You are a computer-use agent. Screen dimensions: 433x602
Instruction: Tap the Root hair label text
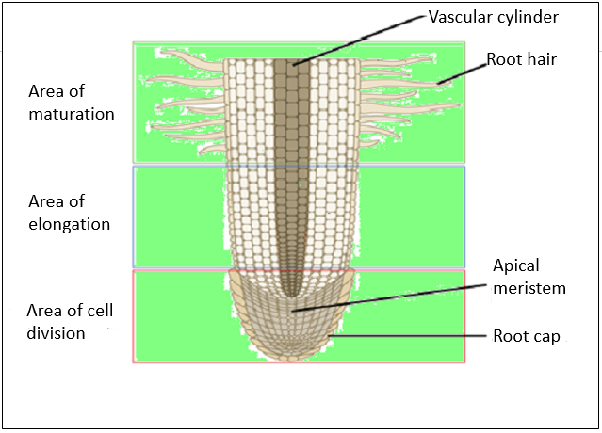(x=522, y=59)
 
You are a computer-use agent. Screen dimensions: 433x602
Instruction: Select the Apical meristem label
(x=529, y=277)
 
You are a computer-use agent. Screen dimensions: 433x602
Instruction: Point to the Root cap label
(x=527, y=336)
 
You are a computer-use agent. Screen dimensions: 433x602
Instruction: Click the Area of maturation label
(x=72, y=103)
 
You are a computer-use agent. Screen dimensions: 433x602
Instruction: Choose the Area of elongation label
(x=70, y=213)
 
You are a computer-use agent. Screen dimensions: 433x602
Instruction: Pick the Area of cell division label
(x=70, y=321)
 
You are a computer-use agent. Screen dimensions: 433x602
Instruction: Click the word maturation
(x=72, y=114)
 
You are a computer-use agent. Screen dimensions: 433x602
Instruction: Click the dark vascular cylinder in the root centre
(x=292, y=169)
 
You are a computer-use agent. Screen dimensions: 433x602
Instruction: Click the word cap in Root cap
(x=547, y=337)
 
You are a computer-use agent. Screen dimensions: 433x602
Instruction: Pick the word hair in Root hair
(x=541, y=59)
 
